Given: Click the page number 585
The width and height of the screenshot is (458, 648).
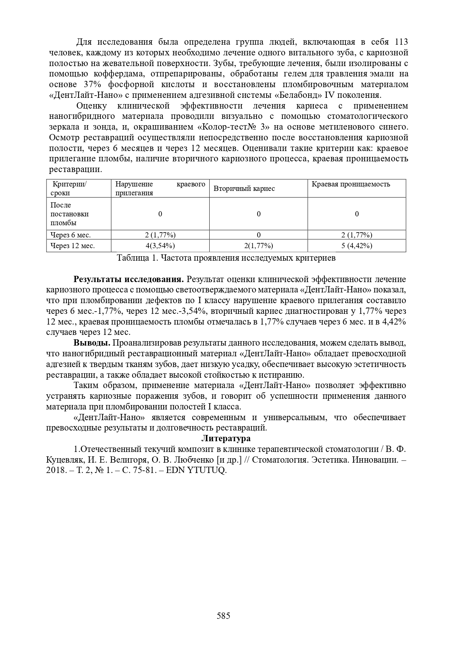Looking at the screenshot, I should (223, 616).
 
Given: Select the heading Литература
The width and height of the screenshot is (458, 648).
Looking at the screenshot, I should (226, 439).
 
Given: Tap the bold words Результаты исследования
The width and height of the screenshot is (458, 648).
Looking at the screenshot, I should (129, 279).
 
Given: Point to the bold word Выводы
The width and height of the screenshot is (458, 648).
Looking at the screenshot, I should (92, 343).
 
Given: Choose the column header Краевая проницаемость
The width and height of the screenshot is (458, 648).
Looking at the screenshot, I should (351, 184).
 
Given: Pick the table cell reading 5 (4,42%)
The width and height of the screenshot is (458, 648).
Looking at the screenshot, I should (357, 246).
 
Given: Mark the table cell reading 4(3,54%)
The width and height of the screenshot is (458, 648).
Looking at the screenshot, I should (160, 246).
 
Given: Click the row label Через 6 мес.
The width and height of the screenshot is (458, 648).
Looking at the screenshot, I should (70, 235).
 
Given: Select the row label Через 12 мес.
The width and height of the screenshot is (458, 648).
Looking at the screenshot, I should (72, 246).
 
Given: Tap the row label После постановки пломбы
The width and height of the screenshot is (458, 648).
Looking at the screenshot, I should (69, 214).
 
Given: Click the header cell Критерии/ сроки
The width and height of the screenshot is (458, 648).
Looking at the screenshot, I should (69, 189).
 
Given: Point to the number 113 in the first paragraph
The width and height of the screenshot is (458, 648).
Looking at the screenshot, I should (401, 42).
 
